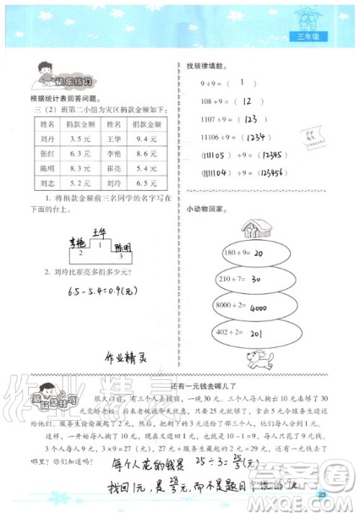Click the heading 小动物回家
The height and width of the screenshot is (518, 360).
206,210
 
